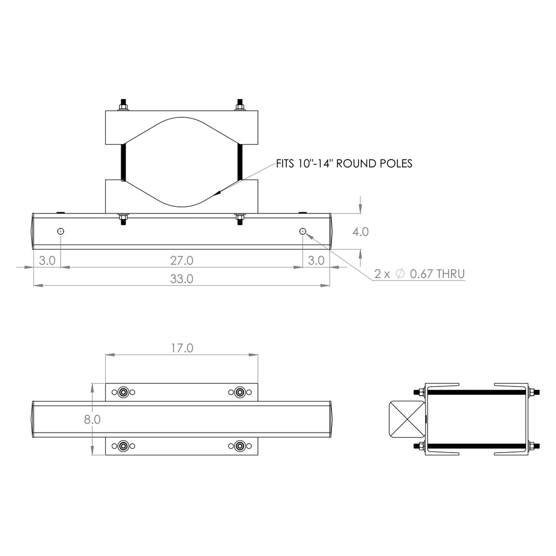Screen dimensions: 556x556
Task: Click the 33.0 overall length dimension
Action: (181, 279)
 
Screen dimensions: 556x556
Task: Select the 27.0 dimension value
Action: (181, 260)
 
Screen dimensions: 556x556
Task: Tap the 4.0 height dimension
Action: (360, 231)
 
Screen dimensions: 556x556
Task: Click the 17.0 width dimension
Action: (181, 348)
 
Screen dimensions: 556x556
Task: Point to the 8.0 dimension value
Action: (92, 420)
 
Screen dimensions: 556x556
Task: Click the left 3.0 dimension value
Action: (47, 260)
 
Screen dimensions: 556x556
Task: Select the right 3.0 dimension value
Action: (316, 260)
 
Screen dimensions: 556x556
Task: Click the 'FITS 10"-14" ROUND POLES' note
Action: (344, 164)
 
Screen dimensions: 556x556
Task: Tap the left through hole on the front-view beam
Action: (61, 231)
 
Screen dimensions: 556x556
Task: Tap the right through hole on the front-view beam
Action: (302, 231)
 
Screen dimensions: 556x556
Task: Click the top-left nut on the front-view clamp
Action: (123, 106)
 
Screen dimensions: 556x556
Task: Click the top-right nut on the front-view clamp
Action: (240, 106)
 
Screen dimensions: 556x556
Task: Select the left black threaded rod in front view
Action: (123, 161)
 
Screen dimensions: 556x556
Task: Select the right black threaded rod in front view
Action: (240, 161)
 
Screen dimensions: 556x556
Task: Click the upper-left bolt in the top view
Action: (123, 393)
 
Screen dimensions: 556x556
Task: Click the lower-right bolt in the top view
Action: (240, 446)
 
